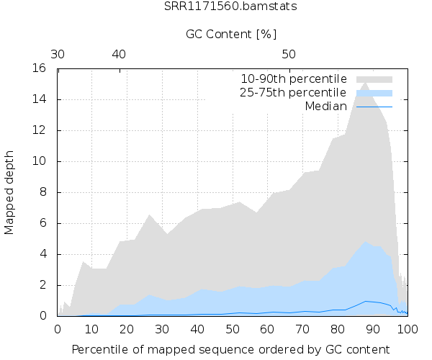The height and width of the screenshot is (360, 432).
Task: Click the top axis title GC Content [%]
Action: point(231,34)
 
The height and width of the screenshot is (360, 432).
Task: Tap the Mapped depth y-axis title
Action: point(10,192)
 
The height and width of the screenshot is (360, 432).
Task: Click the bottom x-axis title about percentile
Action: point(232,349)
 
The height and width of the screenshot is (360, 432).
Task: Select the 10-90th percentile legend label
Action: point(294,78)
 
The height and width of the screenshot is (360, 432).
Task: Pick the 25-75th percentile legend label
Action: point(294,93)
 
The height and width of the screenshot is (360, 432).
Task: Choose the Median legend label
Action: point(325,107)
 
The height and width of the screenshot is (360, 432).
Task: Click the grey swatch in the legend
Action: point(374,78)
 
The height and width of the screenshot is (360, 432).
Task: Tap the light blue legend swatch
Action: point(374,93)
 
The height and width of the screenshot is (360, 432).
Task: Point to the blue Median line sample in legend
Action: point(374,107)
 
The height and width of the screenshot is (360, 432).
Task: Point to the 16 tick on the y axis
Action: point(40,68)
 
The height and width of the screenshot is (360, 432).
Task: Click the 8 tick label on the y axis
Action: point(44,192)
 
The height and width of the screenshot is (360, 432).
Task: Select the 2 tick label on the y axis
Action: point(44,285)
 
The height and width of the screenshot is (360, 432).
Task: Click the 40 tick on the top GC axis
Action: point(119,54)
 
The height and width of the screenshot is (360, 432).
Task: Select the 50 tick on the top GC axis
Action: point(288,54)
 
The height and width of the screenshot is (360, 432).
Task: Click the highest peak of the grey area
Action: point(366,83)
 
